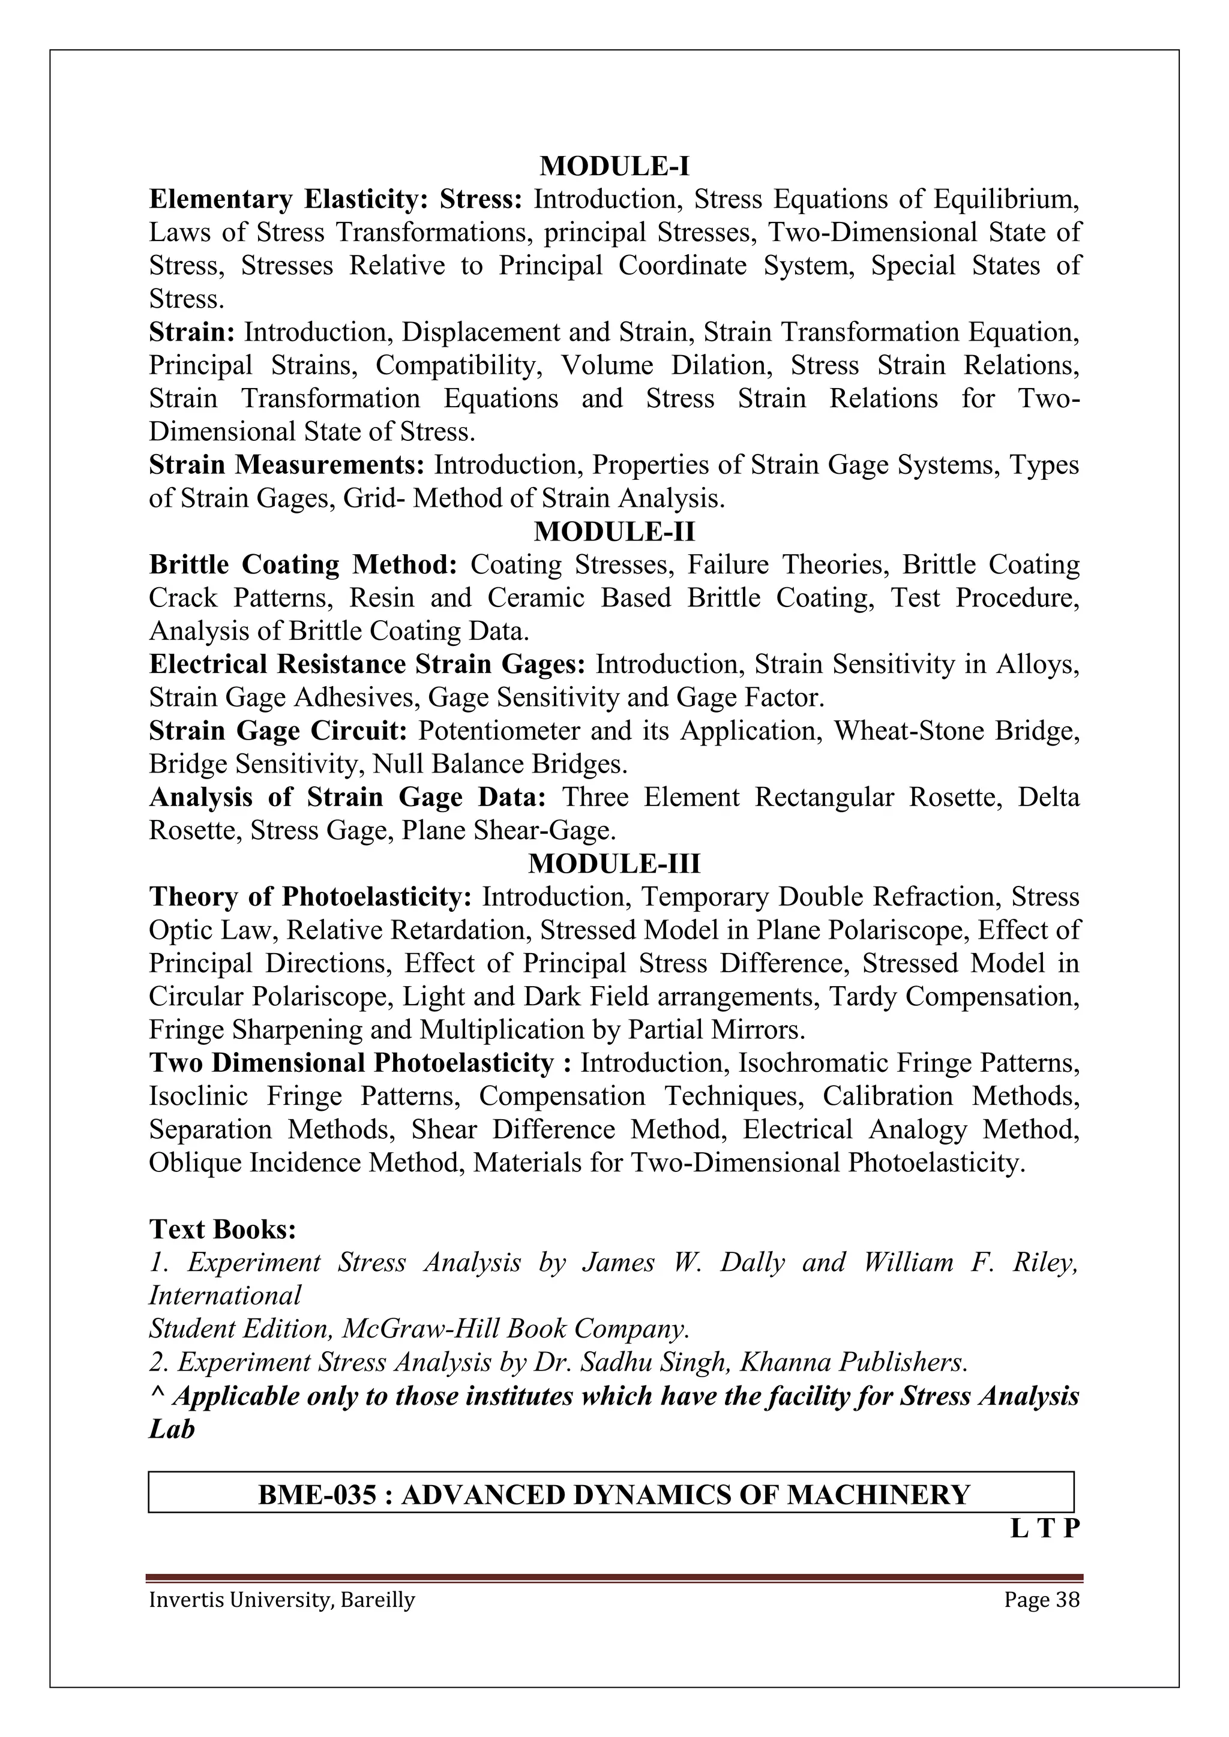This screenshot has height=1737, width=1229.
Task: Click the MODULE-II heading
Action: [614, 532]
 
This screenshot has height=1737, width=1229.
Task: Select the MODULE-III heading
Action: [614, 863]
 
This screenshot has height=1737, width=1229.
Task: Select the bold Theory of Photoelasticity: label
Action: [310, 897]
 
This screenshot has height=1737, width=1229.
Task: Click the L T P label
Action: [1044, 1529]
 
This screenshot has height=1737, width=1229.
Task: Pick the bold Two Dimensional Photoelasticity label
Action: [351, 1063]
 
